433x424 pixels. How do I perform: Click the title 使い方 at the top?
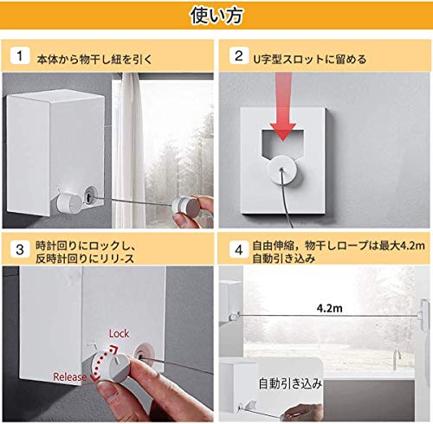pos(216,16)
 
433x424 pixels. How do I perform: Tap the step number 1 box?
pos(20,55)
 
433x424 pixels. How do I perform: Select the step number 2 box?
pos(239,55)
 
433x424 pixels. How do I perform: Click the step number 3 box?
pos(20,249)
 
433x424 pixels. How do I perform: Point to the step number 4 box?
pos(239,249)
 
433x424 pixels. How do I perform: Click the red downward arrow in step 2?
pos(282,106)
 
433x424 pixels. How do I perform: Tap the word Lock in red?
pos(119,334)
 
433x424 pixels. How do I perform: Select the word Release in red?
pos(69,376)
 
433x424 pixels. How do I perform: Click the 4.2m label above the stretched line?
pos(329,308)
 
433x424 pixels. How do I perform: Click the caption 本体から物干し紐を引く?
pos(94,60)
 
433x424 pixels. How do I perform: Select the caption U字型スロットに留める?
pos(310,60)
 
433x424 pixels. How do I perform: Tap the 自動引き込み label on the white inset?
pos(290,384)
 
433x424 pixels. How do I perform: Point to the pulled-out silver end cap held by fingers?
pos(186,206)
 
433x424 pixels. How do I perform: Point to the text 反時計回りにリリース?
pos(85,259)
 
